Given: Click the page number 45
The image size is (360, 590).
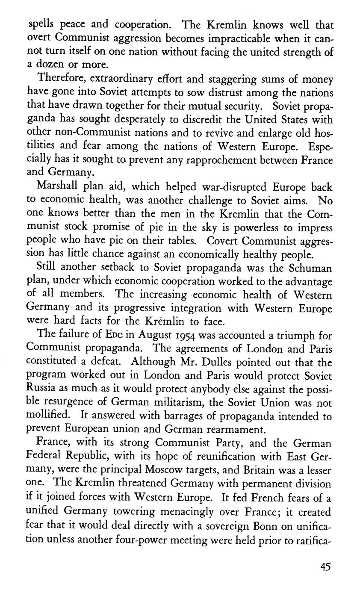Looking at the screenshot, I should coord(325,567).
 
